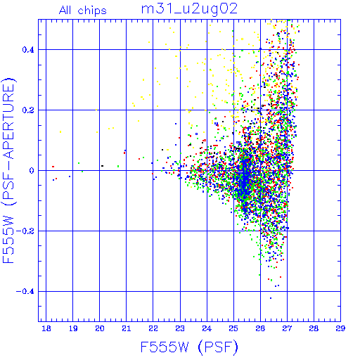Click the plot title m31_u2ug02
(x=189, y=9)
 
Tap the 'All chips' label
(x=83, y=11)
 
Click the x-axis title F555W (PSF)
(x=189, y=347)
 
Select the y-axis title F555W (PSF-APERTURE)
(x=8, y=170)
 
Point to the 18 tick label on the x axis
(x=46, y=328)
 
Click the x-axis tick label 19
(x=73, y=328)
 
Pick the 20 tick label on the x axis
(x=100, y=328)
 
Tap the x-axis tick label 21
(x=127, y=328)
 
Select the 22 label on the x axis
(x=153, y=328)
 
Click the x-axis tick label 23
(x=180, y=328)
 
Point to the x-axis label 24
(x=207, y=328)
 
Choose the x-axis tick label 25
(x=233, y=328)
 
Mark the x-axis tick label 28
(x=314, y=328)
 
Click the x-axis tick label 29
(x=340, y=328)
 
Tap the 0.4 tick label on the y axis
(x=28, y=50)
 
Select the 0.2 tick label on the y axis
(x=28, y=110)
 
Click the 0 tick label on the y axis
(x=32, y=171)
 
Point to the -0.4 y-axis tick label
(x=25, y=292)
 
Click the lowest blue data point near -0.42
(x=271, y=298)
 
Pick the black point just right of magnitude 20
(x=102, y=166)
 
